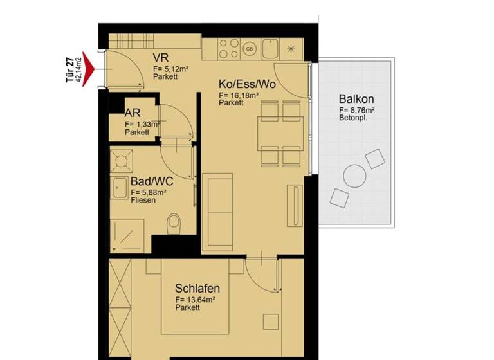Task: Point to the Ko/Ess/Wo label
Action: click(x=247, y=85)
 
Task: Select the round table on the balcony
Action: click(x=355, y=175)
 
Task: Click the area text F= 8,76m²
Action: click(x=357, y=111)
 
